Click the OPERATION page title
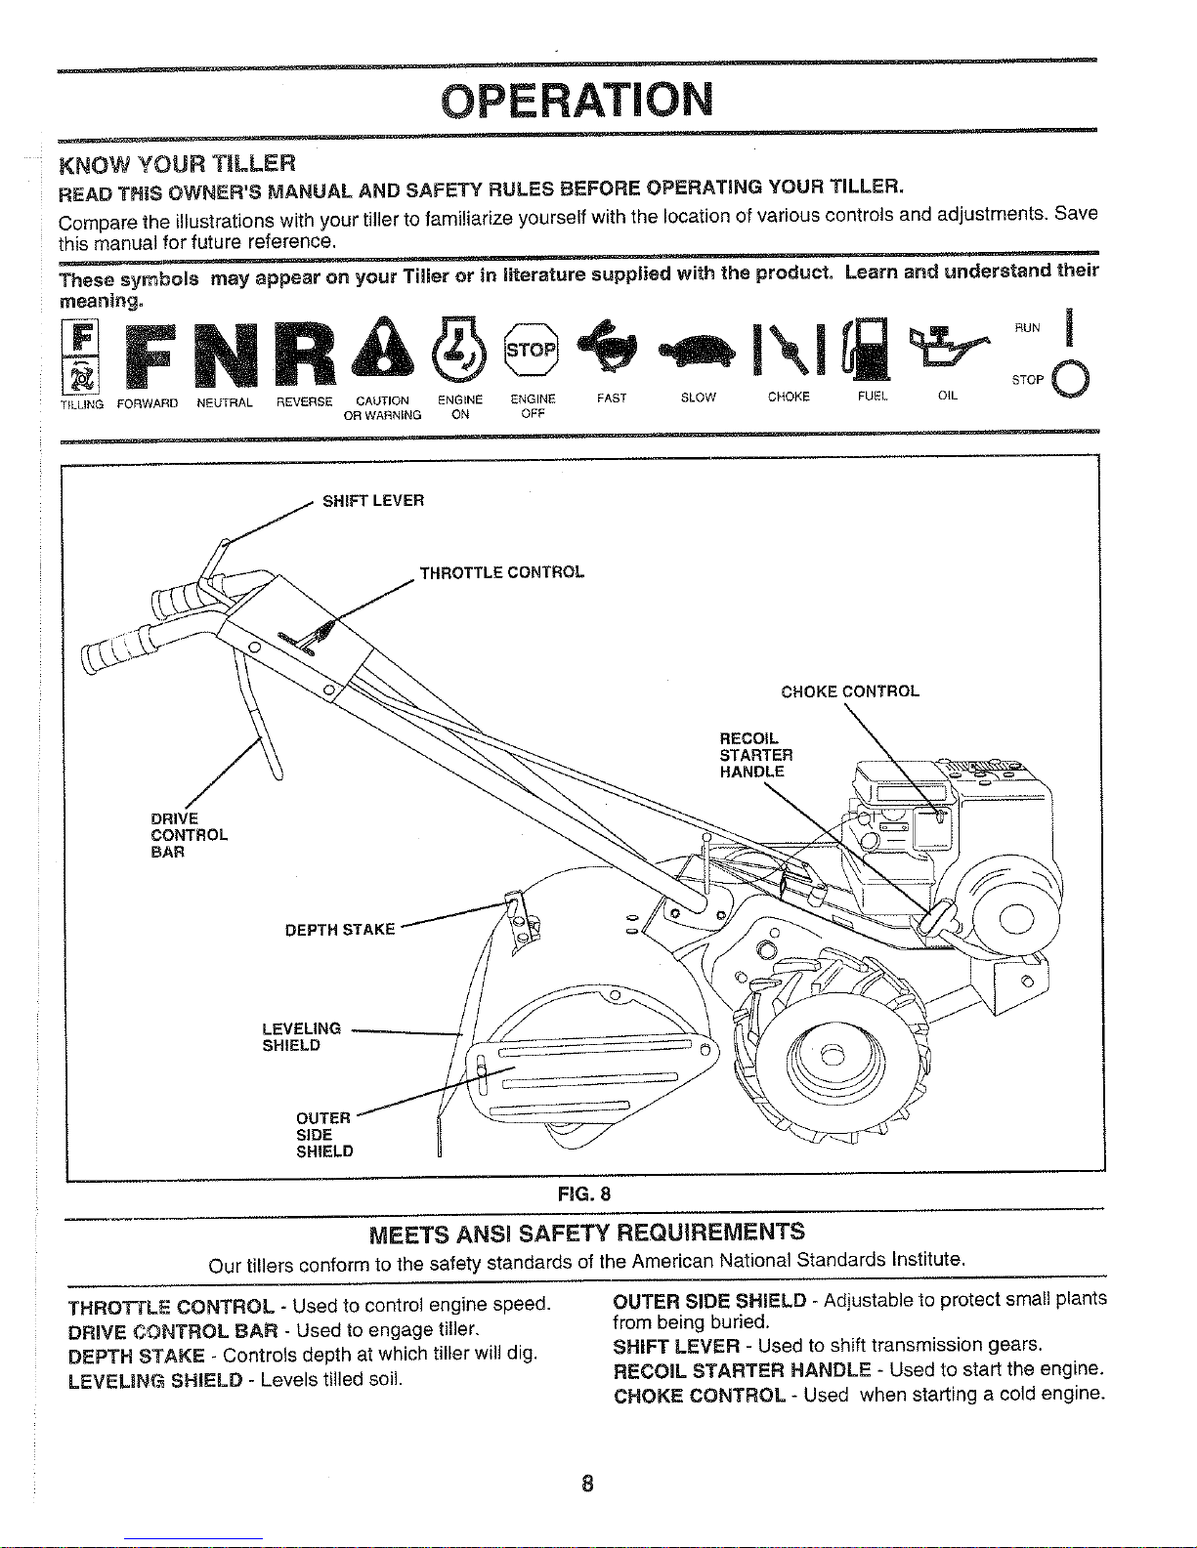pyautogui.click(x=577, y=99)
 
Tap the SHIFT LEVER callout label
pyautogui.click(x=373, y=501)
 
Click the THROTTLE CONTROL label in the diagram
pyautogui.click(x=502, y=572)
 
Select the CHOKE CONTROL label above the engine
pyautogui.click(x=850, y=691)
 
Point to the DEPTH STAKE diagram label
pyautogui.click(x=340, y=930)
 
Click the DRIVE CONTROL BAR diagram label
pyautogui.click(x=189, y=835)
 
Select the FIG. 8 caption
pyautogui.click(x=583, y=1193)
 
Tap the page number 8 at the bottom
pyautogui.click(x=586, y=1485)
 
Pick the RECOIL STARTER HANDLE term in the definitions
pyautogui.click(x=741, y=1369)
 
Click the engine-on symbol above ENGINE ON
pyautogui.click(x=458, y=350)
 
